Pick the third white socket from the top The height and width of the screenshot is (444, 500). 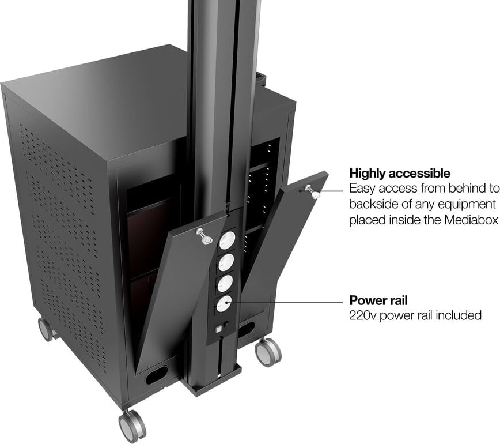224,282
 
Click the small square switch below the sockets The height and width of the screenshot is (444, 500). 219,330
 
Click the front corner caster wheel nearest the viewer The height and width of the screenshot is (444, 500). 131,426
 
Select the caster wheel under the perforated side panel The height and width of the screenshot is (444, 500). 46,329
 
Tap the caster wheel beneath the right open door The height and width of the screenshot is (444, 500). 267,351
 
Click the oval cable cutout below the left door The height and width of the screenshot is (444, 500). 156,375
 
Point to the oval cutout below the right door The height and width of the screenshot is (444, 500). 246,329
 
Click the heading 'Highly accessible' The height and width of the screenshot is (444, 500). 399,173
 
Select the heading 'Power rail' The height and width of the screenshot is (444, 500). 378,300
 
